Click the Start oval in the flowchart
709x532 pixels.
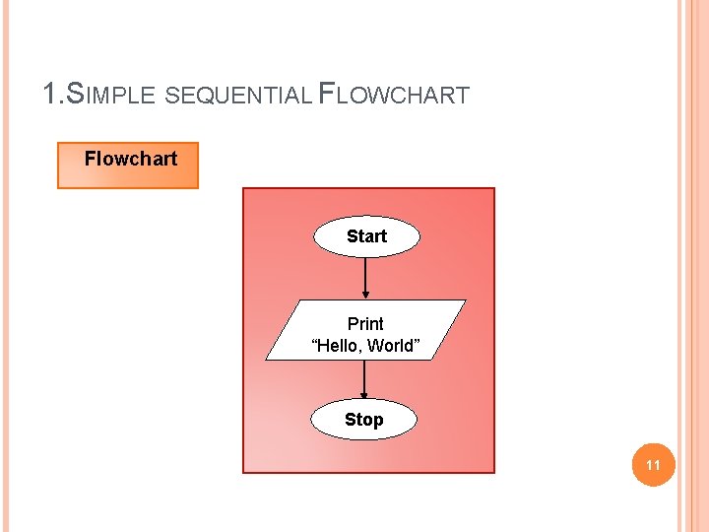(x=366, y=236)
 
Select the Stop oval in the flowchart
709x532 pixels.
(x=364, y=420)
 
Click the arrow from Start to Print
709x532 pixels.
(x=365, y=276)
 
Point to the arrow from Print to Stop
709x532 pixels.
(x=364, y=379)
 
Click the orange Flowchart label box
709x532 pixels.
(x=128, y=166)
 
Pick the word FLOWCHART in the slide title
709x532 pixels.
(x=394, y=96)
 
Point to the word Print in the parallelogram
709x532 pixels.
(x=365, y=323)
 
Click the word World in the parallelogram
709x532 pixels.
(x=397, y=346)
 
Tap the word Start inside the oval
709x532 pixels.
(x=366, y=236)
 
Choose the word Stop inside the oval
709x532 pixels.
(x=364, y=420)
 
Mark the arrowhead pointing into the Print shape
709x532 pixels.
(x=365, y=294)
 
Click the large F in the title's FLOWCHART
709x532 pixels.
(x=328, y=95)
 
